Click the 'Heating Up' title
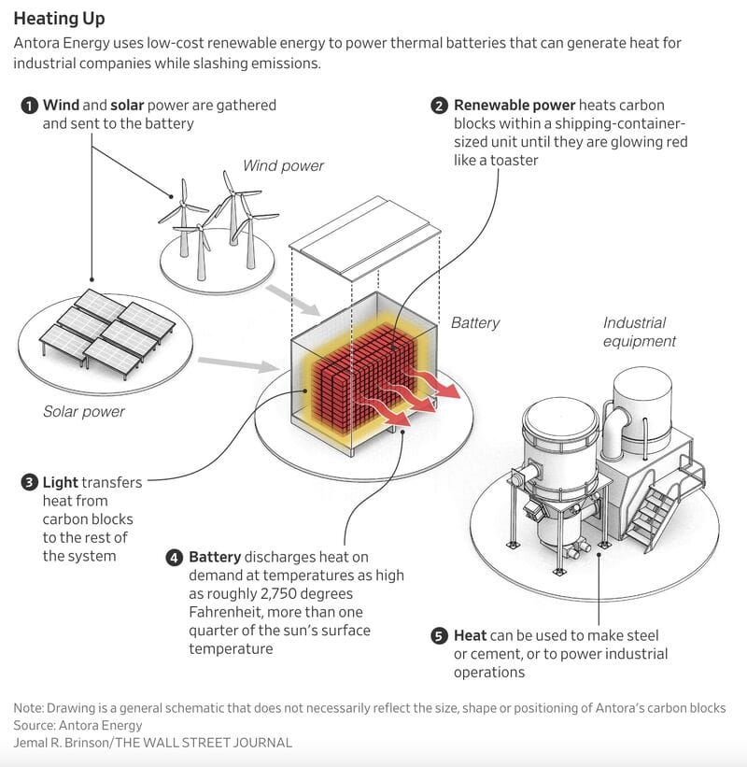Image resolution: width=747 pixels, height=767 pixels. tap(59, 19)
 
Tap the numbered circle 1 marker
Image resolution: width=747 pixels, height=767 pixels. tap(29, 106)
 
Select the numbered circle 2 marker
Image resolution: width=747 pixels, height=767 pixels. tap(440, 106)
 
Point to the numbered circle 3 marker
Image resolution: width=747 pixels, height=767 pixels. tap(29, 483)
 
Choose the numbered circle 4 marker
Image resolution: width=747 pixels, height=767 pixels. tap(175, 558)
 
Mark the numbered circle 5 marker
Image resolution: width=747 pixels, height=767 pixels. tap(440, 636)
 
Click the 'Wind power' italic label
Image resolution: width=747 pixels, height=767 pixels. tap(283, 166)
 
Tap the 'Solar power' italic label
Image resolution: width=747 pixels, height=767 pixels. tap(84, 411)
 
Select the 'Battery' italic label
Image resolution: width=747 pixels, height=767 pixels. tap(475, 323)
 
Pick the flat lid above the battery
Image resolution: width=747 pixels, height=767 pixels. tap(362, 245)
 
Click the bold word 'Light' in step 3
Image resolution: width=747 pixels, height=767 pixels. tap(61, 483)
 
